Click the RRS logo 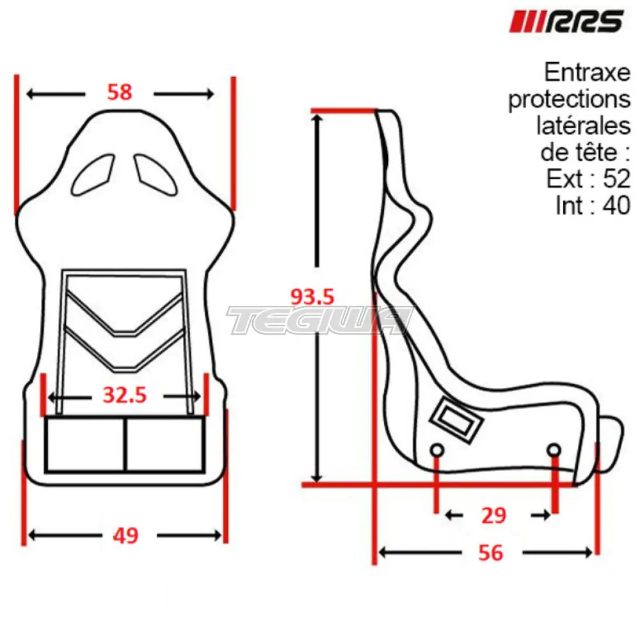coord(566,21)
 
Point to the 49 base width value coord(125,534)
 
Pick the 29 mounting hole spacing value coord(493,515)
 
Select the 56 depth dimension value coord(491,552)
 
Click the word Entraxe coord(587,73)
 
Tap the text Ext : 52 coord(588,179)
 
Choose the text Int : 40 coord(593,205)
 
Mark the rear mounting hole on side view coord(436,450)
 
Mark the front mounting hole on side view coord(554,449)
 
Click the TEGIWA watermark coord(320,320)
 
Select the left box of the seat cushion coord(84,444)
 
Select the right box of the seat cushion coord(164,444)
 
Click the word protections coord(569,99)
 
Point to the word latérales coord(583,126)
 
